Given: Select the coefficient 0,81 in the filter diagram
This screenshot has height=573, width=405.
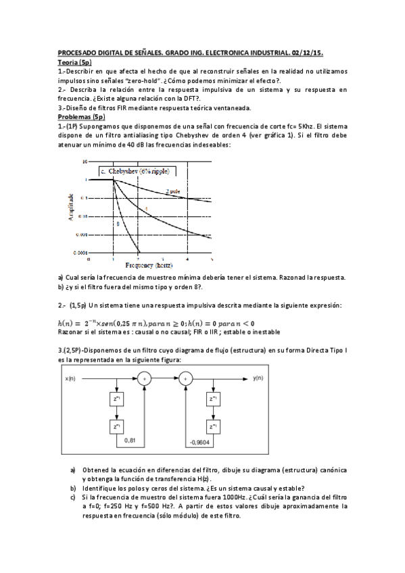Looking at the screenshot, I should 133,441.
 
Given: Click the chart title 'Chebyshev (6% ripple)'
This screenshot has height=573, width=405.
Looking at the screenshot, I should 136,172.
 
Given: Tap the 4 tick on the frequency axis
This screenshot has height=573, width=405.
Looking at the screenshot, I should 187,259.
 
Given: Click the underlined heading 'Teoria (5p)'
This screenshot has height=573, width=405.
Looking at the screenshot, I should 74,62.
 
